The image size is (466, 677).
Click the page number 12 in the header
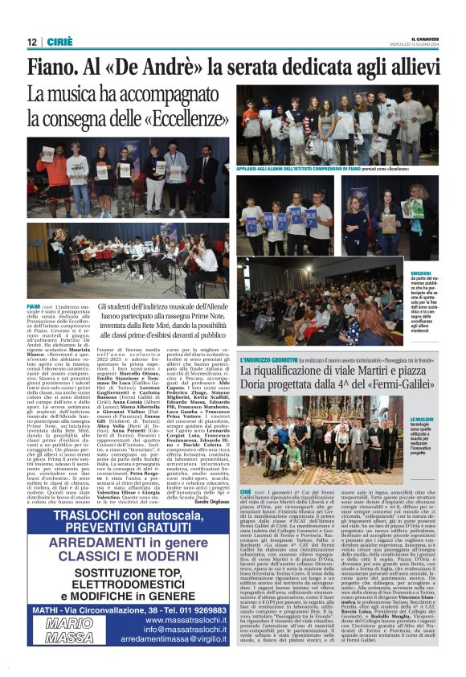click(31, 42)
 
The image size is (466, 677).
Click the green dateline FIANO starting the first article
click(34, 306)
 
